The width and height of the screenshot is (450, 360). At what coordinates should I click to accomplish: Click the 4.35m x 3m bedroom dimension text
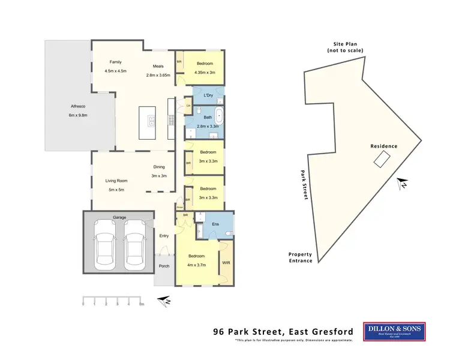click(x=204, y=73)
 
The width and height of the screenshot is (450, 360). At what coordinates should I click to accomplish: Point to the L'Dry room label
click(x=209, y=95)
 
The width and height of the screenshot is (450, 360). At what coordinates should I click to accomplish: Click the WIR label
click(x=226, y=263)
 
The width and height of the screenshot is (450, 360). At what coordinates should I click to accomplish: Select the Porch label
click(x=163, y=266)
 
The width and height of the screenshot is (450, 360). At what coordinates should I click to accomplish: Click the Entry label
click(x=163, y=236)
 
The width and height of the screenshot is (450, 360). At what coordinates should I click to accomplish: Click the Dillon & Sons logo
click(x=394, y=331)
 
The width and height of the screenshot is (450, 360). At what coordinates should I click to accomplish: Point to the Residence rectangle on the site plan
click(x=382, y=158)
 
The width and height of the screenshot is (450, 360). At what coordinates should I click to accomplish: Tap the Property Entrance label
click(x=300, y=257)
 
